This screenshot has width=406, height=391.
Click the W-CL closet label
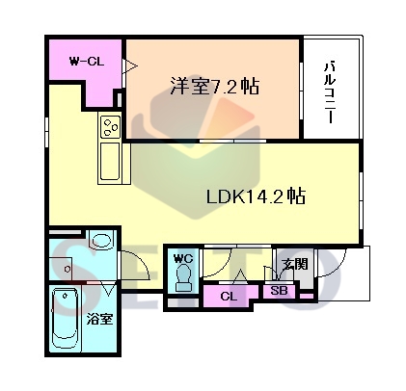(87, 62)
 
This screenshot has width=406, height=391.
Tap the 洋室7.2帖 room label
(215, 86)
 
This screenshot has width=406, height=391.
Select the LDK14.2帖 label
(256, 196)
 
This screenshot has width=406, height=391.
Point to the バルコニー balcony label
(329, 93)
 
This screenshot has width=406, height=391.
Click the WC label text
(183, 258)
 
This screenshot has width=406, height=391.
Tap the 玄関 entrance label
(295, 264)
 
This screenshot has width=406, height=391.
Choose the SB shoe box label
(279, 291)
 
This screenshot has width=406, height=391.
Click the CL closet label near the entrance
(229, 297)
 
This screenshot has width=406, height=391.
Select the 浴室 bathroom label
(99, 319)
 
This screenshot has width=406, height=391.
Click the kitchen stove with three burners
(110, 126)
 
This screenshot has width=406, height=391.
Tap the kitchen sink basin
(110, 162)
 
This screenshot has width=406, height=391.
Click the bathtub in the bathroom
(66, 318)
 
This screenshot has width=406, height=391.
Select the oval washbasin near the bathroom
(101, 240)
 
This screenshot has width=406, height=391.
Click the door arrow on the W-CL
(131, 66)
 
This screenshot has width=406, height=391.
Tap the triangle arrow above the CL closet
(239, 276)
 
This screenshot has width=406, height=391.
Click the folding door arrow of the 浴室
(108, 289)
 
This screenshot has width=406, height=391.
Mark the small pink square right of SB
(307, 296)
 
